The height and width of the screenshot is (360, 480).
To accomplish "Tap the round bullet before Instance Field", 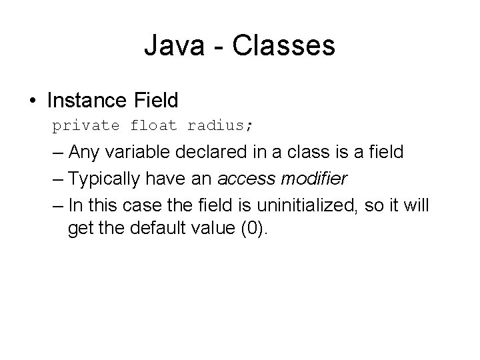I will pos(33,101).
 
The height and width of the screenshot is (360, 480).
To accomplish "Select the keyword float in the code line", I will pos(154,125).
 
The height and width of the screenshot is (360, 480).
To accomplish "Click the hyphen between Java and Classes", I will pos(213,47).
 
